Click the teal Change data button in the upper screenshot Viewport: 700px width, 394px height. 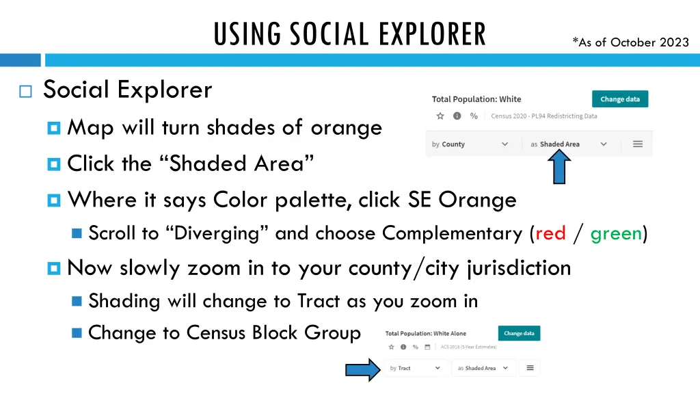click(x=619, y=99)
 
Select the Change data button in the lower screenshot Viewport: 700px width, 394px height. click(x=519, y=334)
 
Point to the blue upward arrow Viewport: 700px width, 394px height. click(x=558, y=168)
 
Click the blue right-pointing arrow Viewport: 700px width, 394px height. click(x=362, y=370)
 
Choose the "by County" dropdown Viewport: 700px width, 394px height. click(x=470, y=144)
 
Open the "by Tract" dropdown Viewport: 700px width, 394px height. click(x=415, y=368)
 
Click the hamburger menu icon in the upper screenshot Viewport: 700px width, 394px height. click(x=637, y=144)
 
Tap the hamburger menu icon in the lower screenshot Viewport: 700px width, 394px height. click(x=529, y=368)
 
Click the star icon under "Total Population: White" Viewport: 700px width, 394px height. click(x=440, y=116)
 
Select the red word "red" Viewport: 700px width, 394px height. click(x=550, y=234)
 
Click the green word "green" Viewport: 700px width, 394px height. click(x=616, y=234)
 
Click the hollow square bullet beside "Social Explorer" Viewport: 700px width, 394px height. click(x=26, y=92)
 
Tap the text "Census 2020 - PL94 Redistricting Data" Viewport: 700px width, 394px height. click(x=543, y=116)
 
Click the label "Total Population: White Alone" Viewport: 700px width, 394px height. click(x=425, y=334)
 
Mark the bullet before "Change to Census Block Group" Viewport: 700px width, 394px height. click(x=77, y=333)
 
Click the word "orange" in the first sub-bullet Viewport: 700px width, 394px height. click(x=346, y=127)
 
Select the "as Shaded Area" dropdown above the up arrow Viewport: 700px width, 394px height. click(x=568, y=144)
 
